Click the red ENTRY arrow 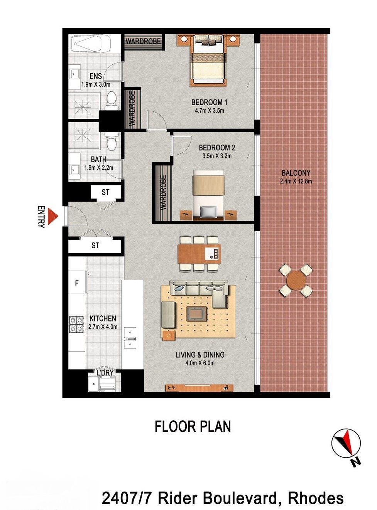coord(52,216)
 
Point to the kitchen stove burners coord(76,324)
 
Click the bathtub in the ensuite coord(90,44)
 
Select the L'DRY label coord(105,373)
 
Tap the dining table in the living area coord(199,254)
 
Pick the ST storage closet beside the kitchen coord(95,246)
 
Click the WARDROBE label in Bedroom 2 coord(163,192)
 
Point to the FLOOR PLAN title coord(193,426)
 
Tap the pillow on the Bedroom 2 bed coord(208,212)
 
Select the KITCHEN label coord(103,318)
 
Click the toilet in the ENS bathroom coord(112,100)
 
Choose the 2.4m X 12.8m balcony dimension coord(296,181)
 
